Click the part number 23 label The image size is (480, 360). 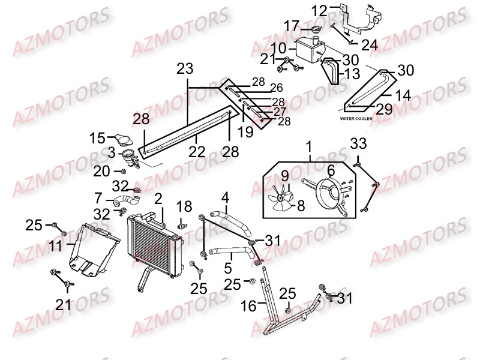pyautogui.click(x=185, y=68)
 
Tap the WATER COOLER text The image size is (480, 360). pyautogui.click(x=356, y=118)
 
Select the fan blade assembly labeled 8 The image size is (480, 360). pyautogui.click(x=281, y=197)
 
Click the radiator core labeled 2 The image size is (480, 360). pyautogui.click(x=155, y=245)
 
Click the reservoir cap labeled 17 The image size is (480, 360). pyautogui.click(x=314, y=29)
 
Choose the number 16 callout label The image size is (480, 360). pyautogui.click(x=248, y=305)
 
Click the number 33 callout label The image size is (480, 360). pyautogui.click(x=358, y=143)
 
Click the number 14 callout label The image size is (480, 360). pyautogui.click(x=403, y=95)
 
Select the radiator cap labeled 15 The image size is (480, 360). pyautogui.click(x=124, y=139)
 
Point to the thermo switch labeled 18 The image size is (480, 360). pyautogui.click(x=182, y=226)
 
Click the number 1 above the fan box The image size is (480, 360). pyautogui.click(x=309, y=146)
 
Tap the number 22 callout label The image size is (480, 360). pyautogui.click(x=196, y=152)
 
